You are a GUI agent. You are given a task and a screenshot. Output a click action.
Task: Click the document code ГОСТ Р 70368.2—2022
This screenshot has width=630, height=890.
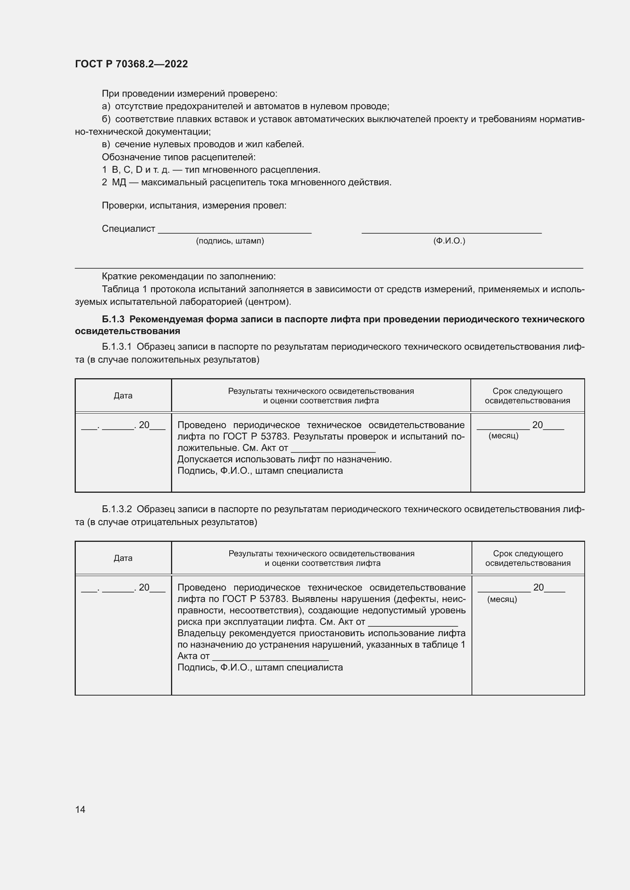tap(131, 64)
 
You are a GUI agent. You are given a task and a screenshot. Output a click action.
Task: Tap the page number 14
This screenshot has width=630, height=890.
tap(80, 809)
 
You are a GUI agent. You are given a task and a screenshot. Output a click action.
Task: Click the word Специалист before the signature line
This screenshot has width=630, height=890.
tap(128, 229)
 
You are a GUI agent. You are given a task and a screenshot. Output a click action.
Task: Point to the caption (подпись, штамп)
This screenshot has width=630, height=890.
tap(230, 241)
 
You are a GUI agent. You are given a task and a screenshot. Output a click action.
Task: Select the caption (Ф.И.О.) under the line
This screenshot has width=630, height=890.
tap(449, 241)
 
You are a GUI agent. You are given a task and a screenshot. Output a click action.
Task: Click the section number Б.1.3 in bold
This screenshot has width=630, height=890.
tap(113, 319)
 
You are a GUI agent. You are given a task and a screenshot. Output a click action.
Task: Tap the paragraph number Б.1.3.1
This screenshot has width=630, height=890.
tap(117, 347)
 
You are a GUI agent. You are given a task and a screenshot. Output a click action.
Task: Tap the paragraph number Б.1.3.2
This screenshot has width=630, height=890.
tap(117, 509)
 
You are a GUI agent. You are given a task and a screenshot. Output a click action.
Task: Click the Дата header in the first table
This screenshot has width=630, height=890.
tap(123, 396)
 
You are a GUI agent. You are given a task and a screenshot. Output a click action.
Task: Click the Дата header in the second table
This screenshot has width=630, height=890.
tap(123, 558)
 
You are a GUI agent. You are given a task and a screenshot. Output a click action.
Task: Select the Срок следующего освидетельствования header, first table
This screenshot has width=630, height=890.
tap(527, 396)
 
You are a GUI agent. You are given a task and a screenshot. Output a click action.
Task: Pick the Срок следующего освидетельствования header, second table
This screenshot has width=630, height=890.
tap(528, 558)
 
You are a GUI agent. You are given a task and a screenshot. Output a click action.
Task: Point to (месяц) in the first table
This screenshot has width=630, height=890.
tap(504, 436)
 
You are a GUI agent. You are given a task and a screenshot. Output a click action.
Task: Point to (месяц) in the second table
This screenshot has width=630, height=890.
tap(502, 599)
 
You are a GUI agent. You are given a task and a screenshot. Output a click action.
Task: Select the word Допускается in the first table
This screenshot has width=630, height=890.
tap(204, 459)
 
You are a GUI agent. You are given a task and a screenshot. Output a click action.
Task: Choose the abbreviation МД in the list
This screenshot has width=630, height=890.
tap(119, 183)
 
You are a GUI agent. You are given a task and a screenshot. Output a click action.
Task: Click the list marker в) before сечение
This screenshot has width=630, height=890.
tap(106, 145)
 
